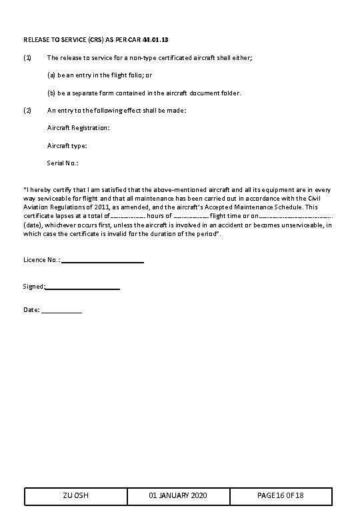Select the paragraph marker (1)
click(27, 58)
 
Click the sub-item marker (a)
click(51, 75)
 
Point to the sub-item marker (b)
click(51, 93)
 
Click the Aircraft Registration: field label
click(79, 127)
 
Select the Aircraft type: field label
click(67, 145)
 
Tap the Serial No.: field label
click(63, 163)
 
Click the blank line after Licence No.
click(103, 261)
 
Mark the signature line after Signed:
click(83, 287)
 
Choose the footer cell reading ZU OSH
click(76, 496)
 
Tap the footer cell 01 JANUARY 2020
click(178, 496)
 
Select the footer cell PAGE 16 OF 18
click(280, 496)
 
